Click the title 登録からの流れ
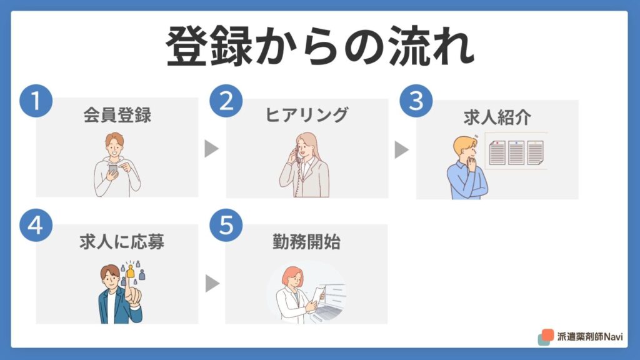[x=320, y=46]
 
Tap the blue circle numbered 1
[x=36, y=101]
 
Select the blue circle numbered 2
[x=226, y=101]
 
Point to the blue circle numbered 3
[x=416, y=101]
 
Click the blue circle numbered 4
[x=36, y=225]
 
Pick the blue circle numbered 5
[x=226, y=225]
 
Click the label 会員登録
[x=117, y=115]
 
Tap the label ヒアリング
[x=307, y=115]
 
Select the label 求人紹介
[x=497, y=117]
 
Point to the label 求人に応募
[x=122, y=242]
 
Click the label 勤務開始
[x=306, y=242]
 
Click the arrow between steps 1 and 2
[x=211, y=149]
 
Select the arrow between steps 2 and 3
[x=402, y=150]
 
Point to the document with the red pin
[x=497, y=152]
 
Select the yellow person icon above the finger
[x=130, y=271]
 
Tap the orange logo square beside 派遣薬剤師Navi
[x=547, y=335]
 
